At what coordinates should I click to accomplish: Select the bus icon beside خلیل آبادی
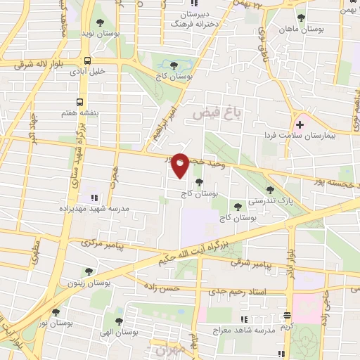pos(87,60)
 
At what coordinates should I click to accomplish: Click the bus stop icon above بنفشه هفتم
pos(79,101)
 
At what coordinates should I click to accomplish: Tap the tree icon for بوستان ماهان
pos(302,18)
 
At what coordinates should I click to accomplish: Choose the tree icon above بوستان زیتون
pos(88,272)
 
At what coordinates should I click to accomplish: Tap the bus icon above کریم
pos(287,316)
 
